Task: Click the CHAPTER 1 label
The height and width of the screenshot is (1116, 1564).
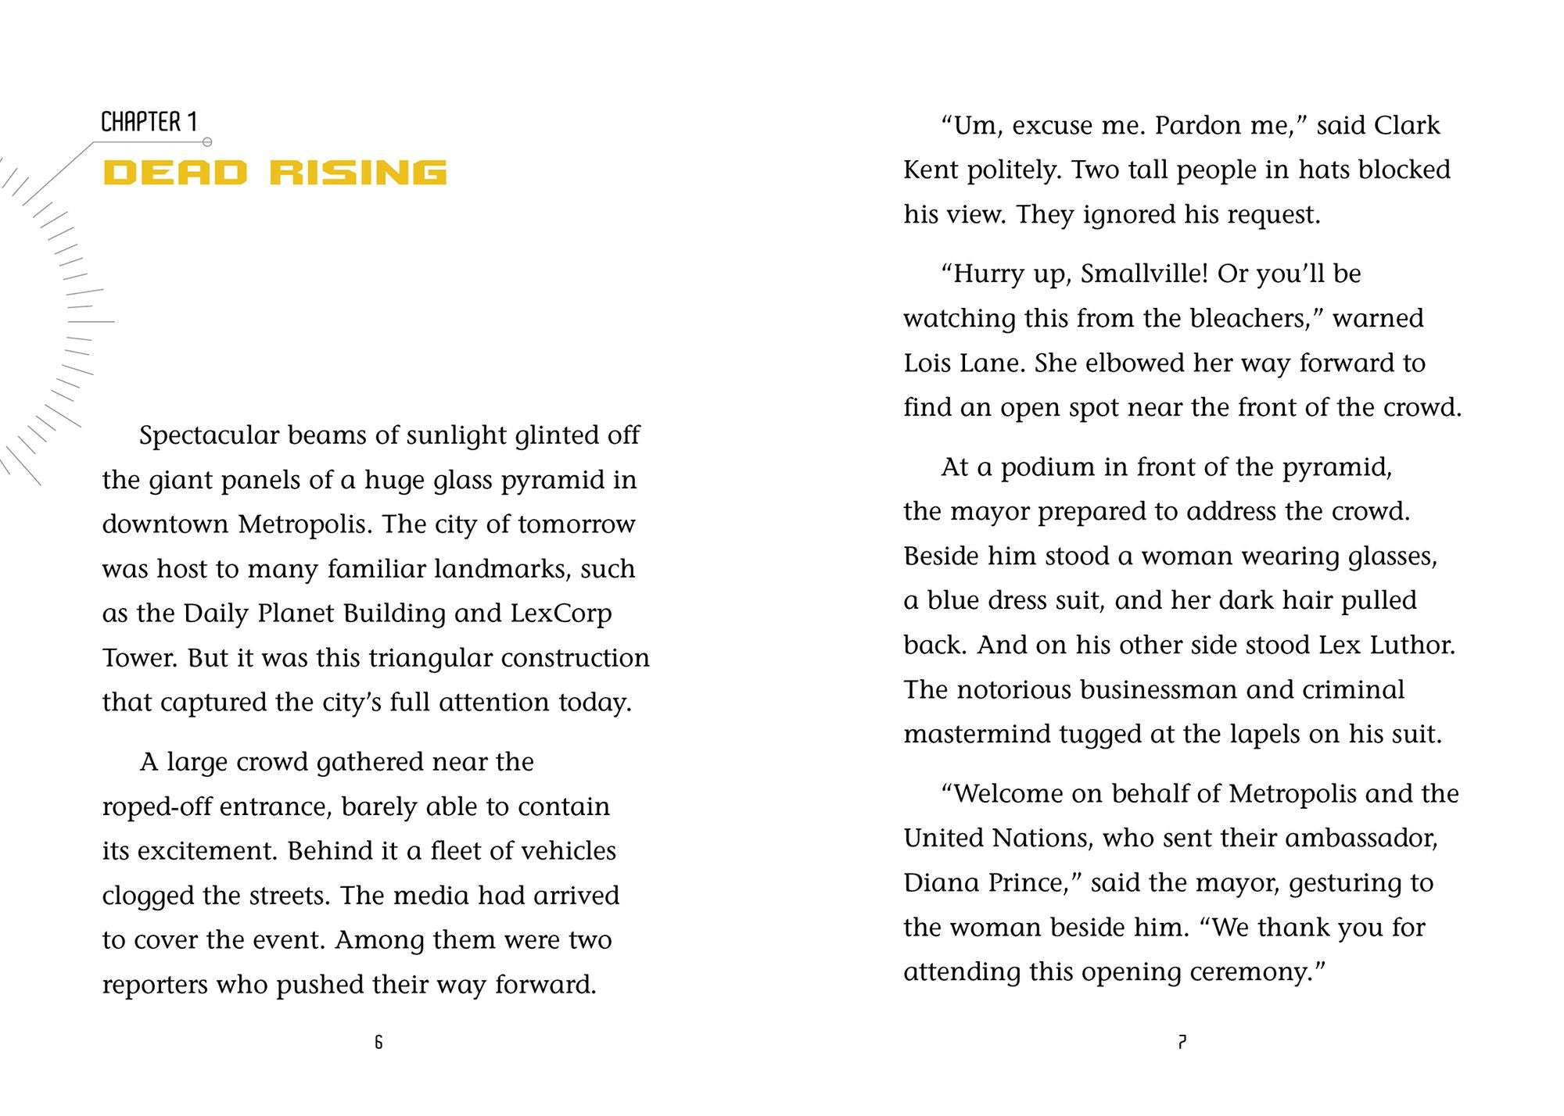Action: (x=149, y=122)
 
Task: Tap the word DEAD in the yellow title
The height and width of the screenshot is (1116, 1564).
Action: (x=175, y=173)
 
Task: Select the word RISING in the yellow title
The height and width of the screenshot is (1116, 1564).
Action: (x=358, y=173)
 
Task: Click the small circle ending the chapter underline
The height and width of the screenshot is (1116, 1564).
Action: (x=207, y=142)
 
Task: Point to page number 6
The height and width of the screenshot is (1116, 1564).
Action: (x=378, y=1042)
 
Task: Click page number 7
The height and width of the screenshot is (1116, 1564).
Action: (x=1182, y=1042)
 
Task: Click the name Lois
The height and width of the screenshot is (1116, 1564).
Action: (x=928, y=363)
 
